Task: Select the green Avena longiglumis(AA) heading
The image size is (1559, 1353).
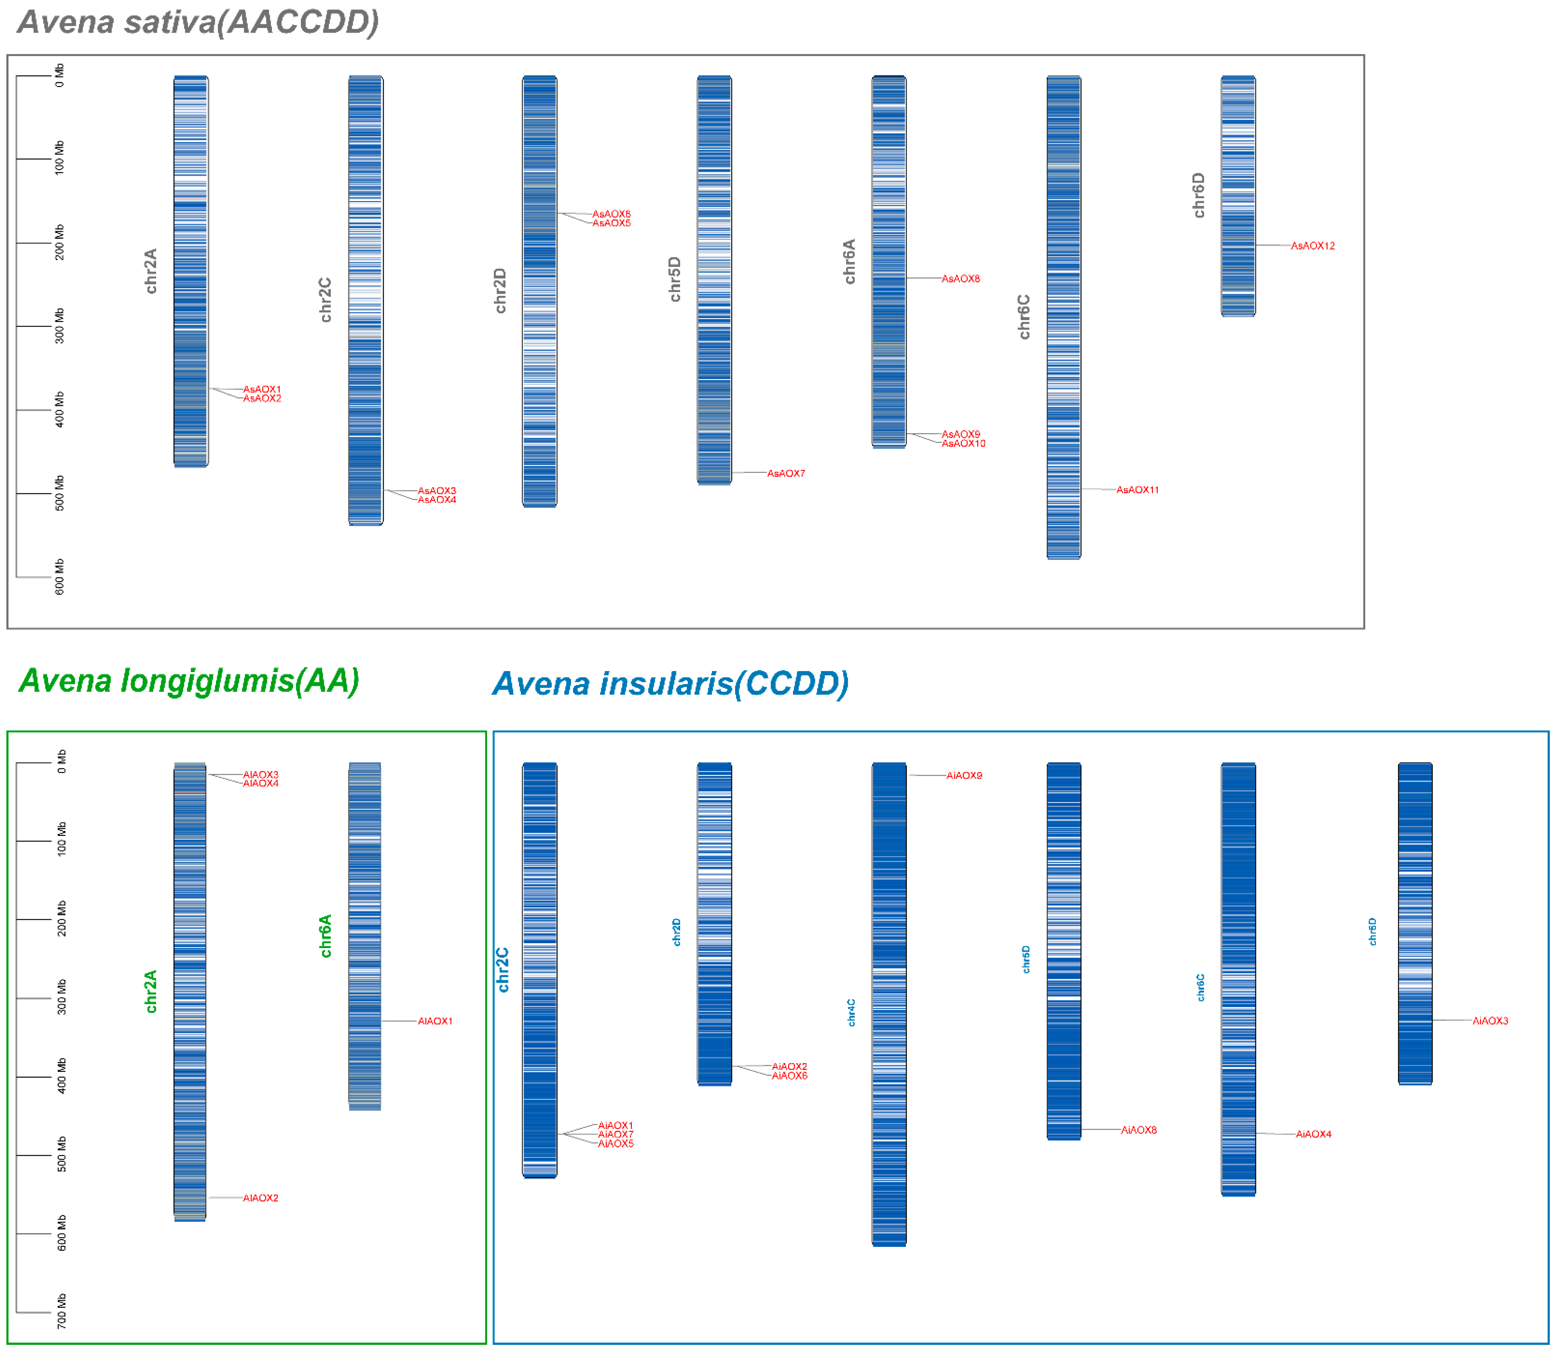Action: click(x=189, y=681)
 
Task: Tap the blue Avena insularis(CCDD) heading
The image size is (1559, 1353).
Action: click(x=670, y=684)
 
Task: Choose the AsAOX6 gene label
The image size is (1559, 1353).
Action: click(x=611, y=214)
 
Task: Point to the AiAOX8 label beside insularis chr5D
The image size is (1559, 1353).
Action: click(x=1138, y=1130)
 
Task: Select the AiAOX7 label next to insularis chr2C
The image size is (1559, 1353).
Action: click(x=616, y=1135)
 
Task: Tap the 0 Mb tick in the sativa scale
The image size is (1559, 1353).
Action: click(x=60, y=75)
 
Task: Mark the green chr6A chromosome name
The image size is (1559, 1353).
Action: click(x=326, y=936)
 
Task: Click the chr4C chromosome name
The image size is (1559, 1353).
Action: click(x=851, y=1013)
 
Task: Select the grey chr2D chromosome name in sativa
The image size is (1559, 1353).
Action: click(x=500, y=291)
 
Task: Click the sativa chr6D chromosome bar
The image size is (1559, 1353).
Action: click(x=1238, y=196)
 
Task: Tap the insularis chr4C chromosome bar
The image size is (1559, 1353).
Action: click(x=889, y=1004)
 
